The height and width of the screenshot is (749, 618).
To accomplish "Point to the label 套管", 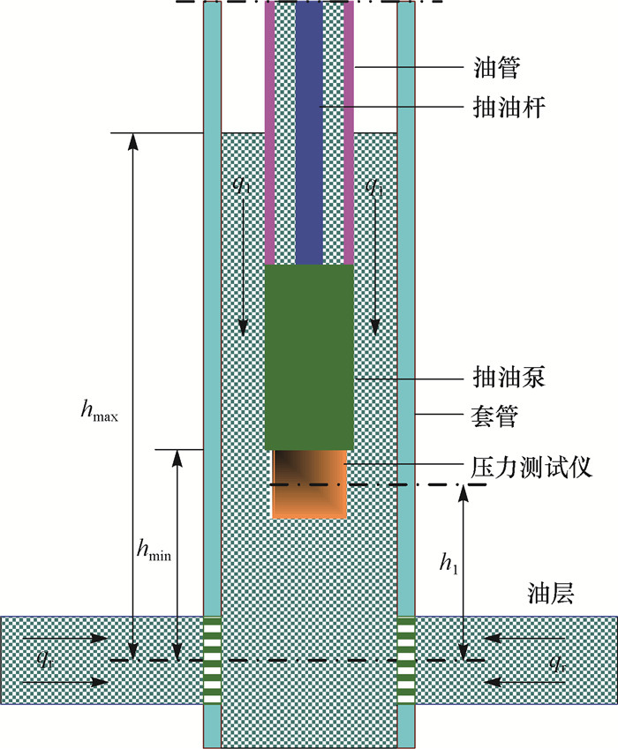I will pos(494,413).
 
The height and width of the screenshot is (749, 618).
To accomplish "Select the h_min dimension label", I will pos(153,552).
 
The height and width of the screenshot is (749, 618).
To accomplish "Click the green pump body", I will pos(309,357).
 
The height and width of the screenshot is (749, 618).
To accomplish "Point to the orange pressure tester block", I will pos(309,483).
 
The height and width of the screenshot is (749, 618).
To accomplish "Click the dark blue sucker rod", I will pos(309,132).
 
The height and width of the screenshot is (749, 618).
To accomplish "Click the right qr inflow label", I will pos(556,659).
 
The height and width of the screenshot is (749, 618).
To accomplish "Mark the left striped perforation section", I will pos(212,660).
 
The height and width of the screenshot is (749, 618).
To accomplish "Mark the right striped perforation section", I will pos(406,660).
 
